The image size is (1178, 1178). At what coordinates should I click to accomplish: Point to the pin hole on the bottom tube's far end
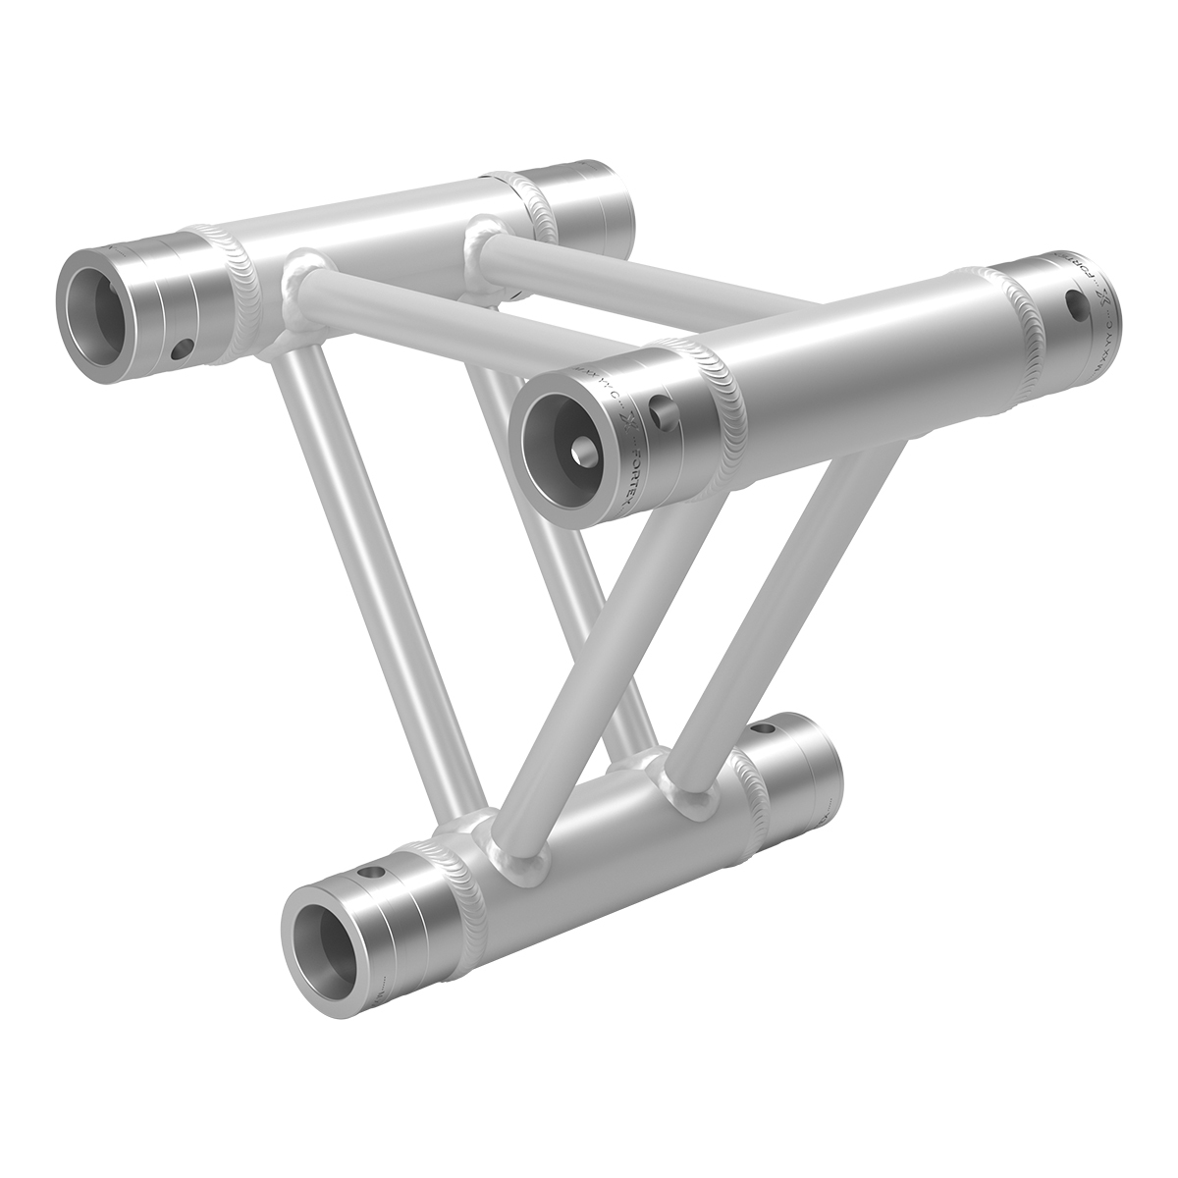(766, 730)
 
